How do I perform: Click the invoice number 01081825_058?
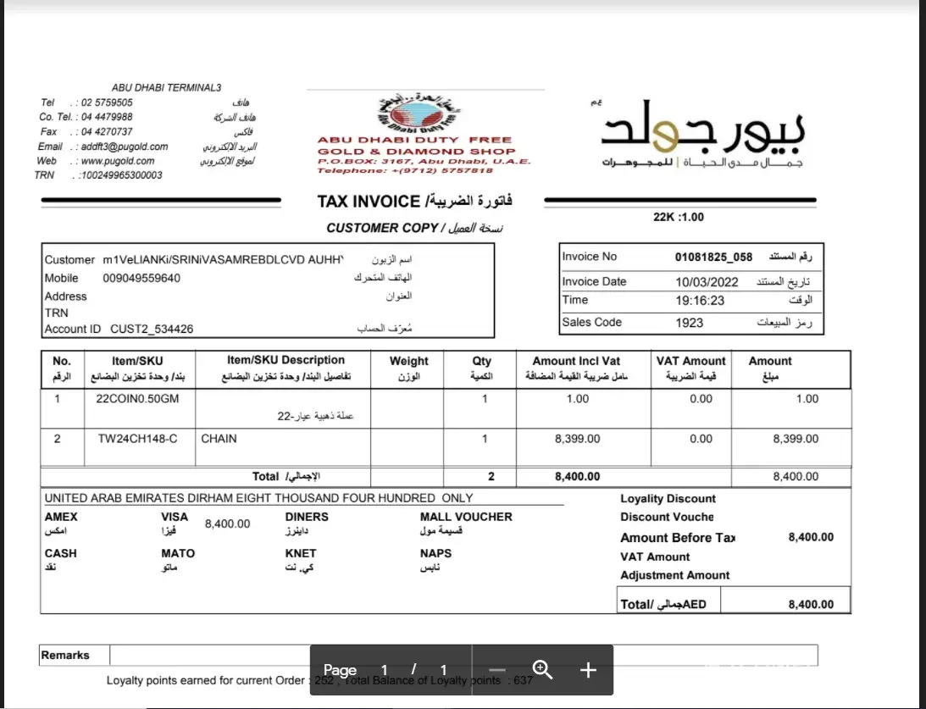coord(713,257)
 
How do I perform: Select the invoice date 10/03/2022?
coord(707,282)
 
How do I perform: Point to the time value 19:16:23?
coord(701,300)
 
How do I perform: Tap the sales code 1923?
coord(690,323)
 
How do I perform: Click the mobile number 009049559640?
coord(141,278)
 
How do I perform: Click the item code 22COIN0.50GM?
coord(139,399)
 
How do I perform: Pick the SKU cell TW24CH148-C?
coord(138,439)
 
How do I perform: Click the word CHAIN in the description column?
coord(219,439)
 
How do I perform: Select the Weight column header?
coord(408,361)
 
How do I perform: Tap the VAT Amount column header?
coord(690,361)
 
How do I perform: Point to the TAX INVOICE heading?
coord(369,202)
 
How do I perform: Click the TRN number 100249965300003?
coord(120,175)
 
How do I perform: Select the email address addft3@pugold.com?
coord(125,147)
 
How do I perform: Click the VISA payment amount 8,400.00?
coord(227,524)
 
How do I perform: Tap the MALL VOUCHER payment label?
coord(466,517)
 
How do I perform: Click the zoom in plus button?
coord(588,670)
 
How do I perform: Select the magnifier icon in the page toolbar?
coord(542,670)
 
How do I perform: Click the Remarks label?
coord(65,655)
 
